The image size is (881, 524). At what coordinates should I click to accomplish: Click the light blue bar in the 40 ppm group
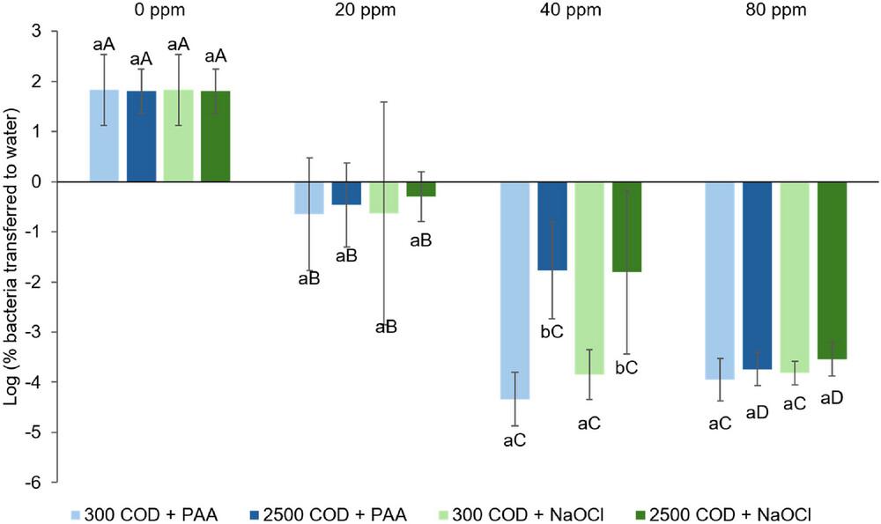515,290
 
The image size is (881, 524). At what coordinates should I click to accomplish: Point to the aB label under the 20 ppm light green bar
385,327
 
